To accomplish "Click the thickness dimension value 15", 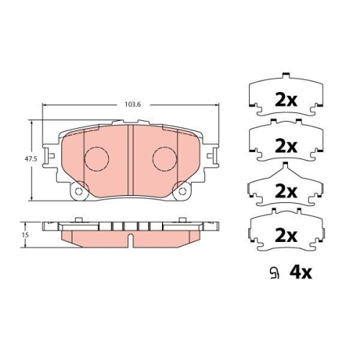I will [24, 235].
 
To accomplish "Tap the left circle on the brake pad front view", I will [95, 158].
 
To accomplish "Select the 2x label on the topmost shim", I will [286, 100].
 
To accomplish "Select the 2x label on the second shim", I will [286, 145].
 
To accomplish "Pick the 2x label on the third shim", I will [286, 191].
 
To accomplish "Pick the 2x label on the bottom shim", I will [286, 235].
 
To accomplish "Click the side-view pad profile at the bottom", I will [130, 233].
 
